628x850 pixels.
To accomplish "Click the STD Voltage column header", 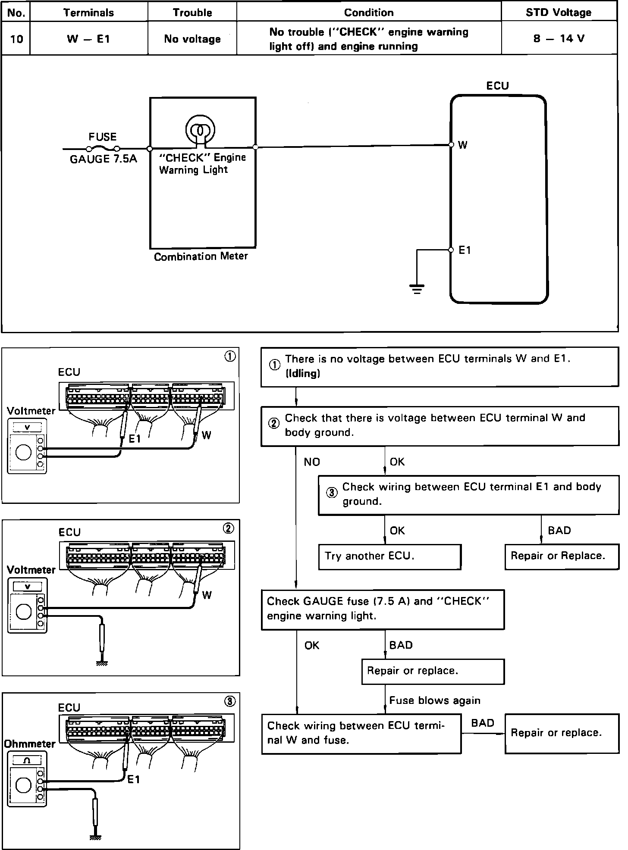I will pyautogui.click(x=559, y=12).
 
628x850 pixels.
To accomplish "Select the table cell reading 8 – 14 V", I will pyautogui.click(x=559, y=39).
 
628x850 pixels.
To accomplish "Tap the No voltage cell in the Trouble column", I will pyautogui.click(x=192, y=39).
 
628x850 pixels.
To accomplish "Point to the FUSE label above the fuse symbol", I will pyautogui.click(x=103, y=137).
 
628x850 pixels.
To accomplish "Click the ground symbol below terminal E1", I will pyautogui.click(x=417, y=288).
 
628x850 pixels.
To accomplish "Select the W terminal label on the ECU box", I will pyautogui.click(x=462, y=145).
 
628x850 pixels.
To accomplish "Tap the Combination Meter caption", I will pyautogui.click(x=201, y=257).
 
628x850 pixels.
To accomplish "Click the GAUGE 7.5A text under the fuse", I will pyautogui.click(x=104, y=159).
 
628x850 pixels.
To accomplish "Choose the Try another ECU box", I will pyautogui.click(x=389, y=556).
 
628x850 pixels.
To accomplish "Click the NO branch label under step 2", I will pyautogui.click(x=312, y=462).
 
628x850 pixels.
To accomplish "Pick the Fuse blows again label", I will pyautogui.click(x=435, y=700).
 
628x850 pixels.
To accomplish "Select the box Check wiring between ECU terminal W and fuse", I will pyautogui.click(x=361, y=733).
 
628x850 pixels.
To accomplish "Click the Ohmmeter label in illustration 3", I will pyautogui.click(x=29, y=744).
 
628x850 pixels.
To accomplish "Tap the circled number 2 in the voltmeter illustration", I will pyautogui.click(x=229, y=528).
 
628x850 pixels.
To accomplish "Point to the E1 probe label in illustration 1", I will pyautogui.click(x=135, y=439).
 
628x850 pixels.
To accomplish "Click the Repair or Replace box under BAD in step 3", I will pyautogui.click(x=562, y=556).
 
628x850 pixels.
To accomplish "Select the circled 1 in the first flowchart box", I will pyautogui.click(x=275, y=366).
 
